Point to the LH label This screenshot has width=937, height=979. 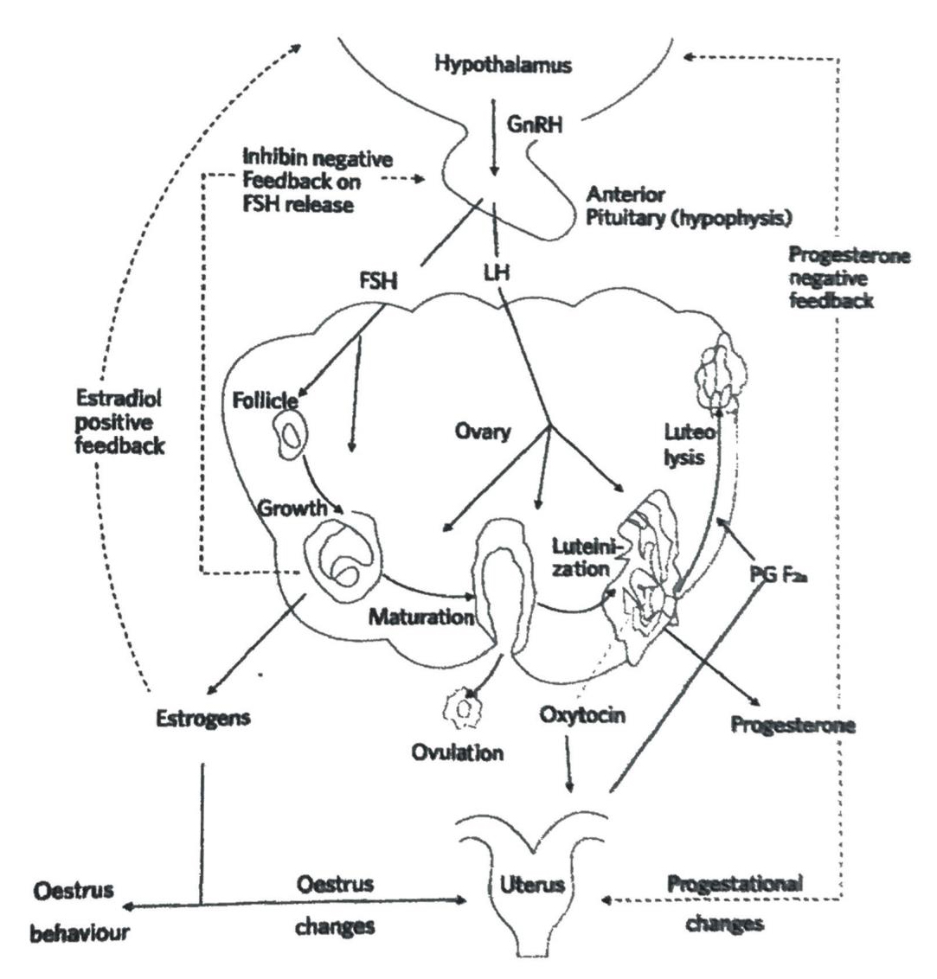point(496,273)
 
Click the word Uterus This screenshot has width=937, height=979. point(531,885)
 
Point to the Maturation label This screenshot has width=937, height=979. point(421,617)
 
